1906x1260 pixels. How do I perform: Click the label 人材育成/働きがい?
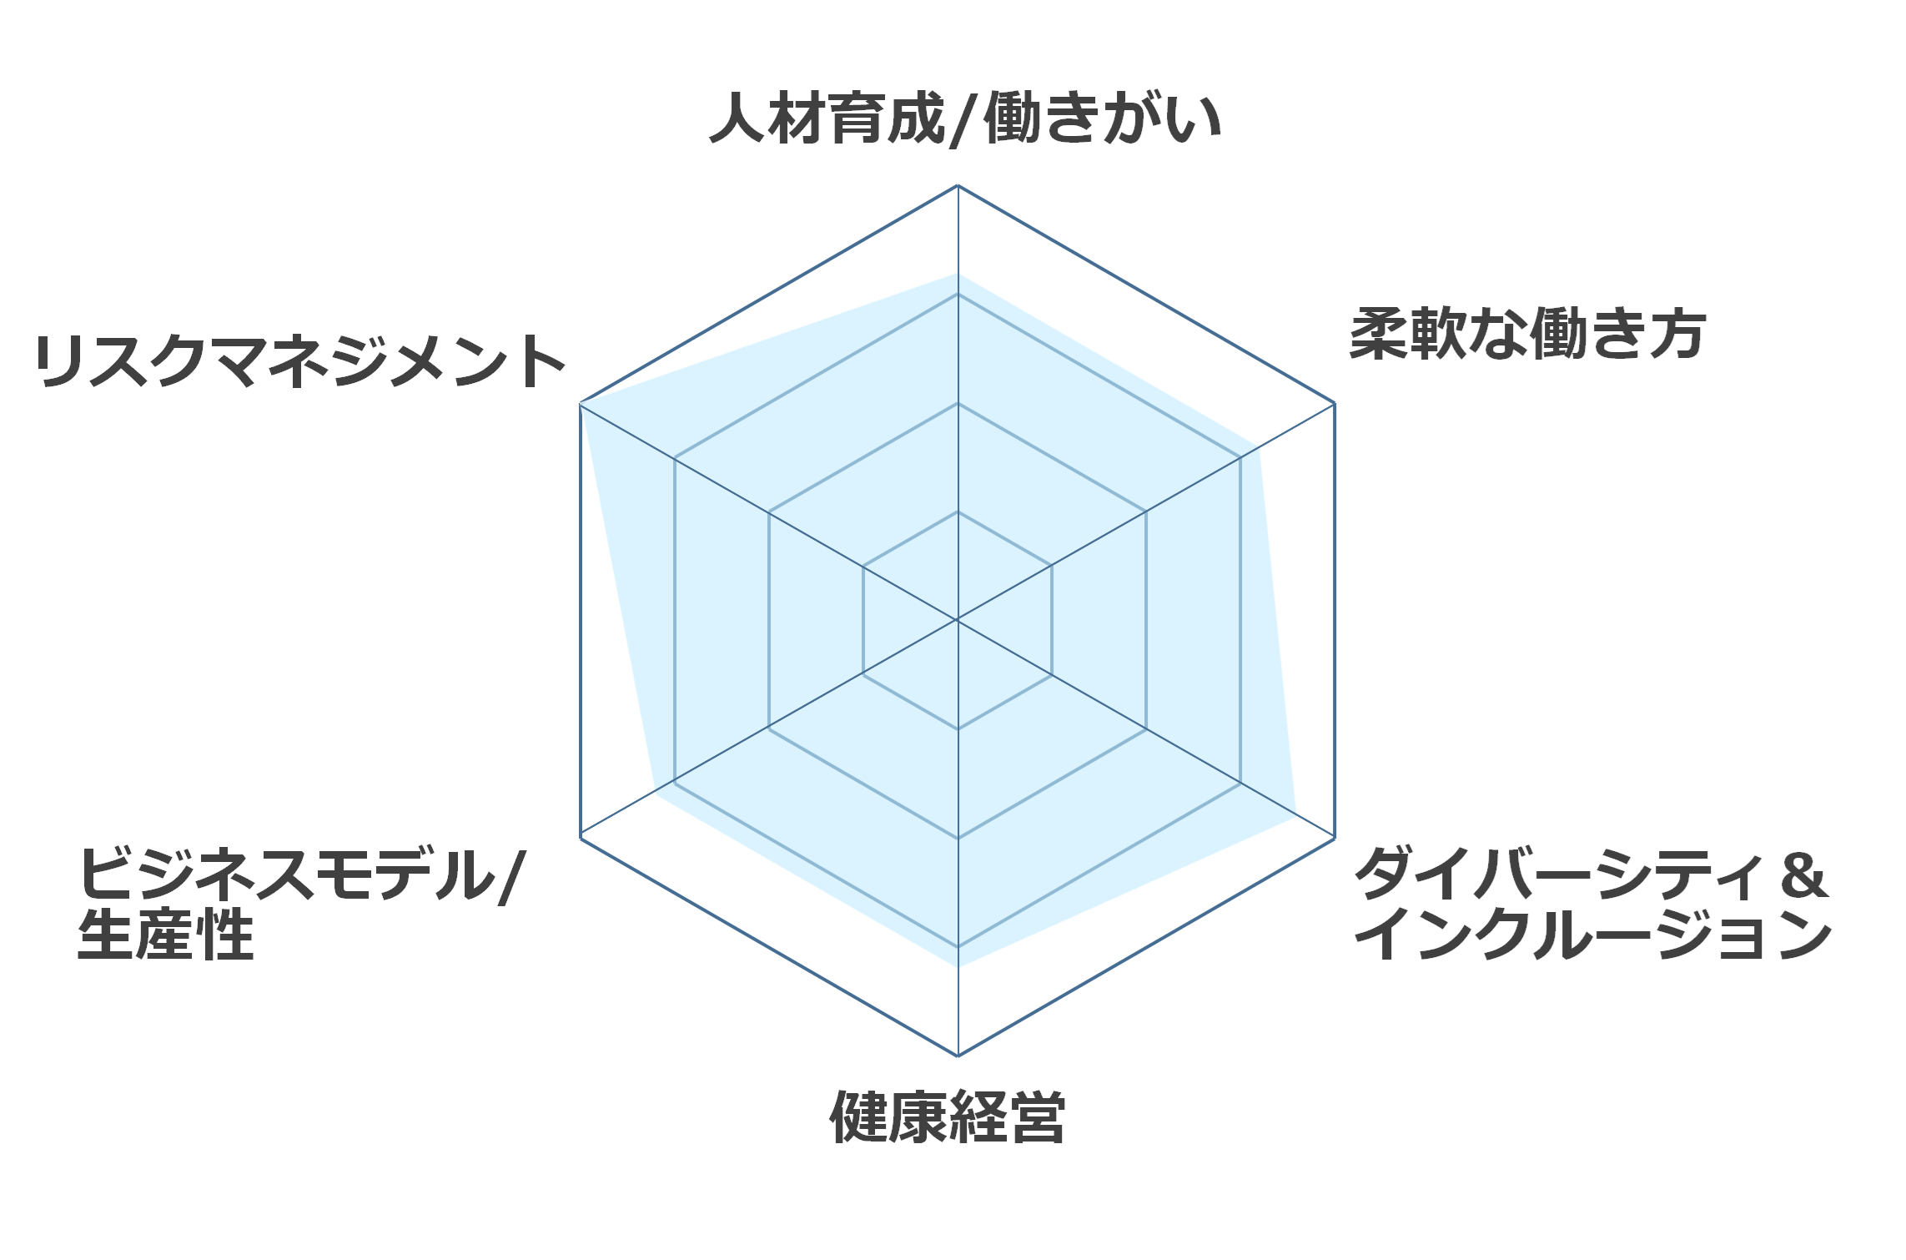pyautogui.click(x=965, y=119)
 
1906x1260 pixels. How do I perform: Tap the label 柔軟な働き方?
pyautogui.click(x=1527, y=334)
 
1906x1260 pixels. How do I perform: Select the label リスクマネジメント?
pyautogui.click(x=299, y=361)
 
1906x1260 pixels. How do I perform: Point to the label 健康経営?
pyautogui.click(x=948, y=1116)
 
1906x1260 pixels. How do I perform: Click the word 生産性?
pyautogui.click(x=165, y=935)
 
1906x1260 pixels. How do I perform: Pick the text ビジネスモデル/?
pyautogui.click(x=302, y=875)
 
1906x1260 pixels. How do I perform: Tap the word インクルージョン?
pyautogui.click(x=1592, y=934)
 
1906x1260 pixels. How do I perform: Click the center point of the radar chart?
pyautogui.click(x=958, y=620)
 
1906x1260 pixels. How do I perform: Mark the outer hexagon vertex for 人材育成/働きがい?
pyautogui.click(x=958, y=185)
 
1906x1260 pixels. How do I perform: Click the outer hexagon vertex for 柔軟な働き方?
pyautogui.click(x=1335, y=403)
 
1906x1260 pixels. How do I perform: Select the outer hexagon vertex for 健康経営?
pyautogui.click(x=958, y=1056)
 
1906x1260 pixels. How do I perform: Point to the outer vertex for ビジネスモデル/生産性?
pyautogui.click(x=581, y=837)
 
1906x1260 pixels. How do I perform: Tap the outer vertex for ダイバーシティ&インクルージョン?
pyautogui.click(x=1335, y=837)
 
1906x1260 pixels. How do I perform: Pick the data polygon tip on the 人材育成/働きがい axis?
pyautogui.click(x=958, y=274)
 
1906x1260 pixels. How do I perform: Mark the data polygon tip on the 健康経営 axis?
pyautogui.click(x=958, y=966)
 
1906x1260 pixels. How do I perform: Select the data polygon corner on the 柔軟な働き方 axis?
pyautogui.click(x=1259, y=447)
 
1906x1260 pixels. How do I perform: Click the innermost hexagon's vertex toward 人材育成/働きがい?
pyautogui.click(x=958, y=512)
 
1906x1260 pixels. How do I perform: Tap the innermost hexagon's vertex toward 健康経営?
pyautogui.click(x=958, y=729)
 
